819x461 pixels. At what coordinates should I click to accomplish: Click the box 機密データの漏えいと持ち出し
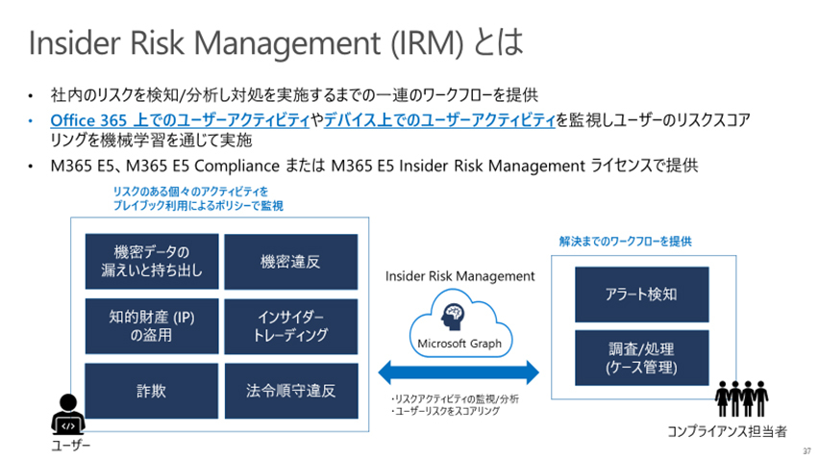(x=152, y=261)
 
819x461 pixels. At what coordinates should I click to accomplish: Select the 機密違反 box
(x=291, y=261)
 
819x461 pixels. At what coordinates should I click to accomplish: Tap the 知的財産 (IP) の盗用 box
(x=152, y=325)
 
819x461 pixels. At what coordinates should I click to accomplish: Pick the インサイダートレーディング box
(x=291, y=325)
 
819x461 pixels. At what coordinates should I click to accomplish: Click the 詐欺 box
(x=152, y=391)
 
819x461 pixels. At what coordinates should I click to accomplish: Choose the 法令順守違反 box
(x=291, y=391)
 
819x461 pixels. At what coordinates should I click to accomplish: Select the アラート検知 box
(x=641, y=295)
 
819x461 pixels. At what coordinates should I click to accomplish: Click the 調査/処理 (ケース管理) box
(x=641, y=357)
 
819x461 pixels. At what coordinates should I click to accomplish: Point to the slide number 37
(x=806, y=450)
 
